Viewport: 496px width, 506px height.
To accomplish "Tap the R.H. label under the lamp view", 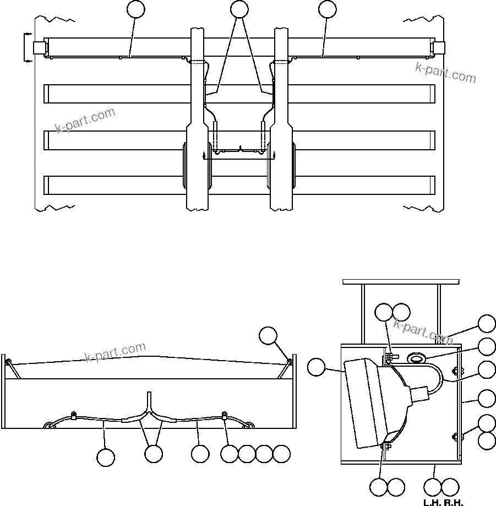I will tap(454, 502).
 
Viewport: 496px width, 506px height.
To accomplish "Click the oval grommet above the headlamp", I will tap(417, 358).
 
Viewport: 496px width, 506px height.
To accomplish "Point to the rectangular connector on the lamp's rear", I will tap(420, 395).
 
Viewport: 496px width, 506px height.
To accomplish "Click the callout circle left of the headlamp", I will tap(317, 367).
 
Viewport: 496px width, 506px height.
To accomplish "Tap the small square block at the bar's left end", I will tap(39, 48).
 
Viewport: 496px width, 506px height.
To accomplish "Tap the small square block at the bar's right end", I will tap(439, 48).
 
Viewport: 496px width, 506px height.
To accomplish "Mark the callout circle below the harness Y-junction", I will tap(154, 454).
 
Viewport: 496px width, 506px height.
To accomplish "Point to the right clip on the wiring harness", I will tap(224, 415).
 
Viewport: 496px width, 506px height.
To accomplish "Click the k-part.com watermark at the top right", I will tap(446, 73).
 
